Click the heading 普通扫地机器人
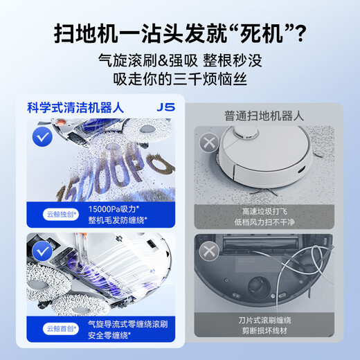tap(264, 116)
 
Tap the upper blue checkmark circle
tap(43, 137)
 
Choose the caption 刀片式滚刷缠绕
tap(264, 323)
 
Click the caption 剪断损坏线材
tap(264, 335)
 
